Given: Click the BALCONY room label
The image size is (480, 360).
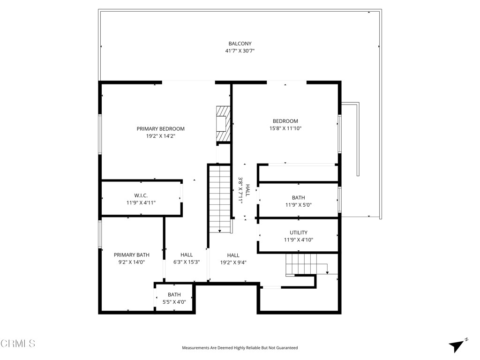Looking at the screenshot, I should point(240,44).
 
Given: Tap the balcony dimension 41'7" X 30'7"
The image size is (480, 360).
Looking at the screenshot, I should point(240,51).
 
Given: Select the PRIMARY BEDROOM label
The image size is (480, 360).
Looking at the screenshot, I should point(160,129).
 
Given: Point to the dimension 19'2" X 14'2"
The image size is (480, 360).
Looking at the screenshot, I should point(160,136).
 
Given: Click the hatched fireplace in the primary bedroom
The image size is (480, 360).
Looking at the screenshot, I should point(223,124).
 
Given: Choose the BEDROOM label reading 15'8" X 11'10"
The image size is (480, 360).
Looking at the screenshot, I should point(285,121).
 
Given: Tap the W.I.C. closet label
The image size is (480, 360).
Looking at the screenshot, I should point(141,195).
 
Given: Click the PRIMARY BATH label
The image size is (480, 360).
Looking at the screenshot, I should point(131,255).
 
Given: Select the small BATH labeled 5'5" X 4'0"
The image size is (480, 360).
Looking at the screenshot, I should point(174,295).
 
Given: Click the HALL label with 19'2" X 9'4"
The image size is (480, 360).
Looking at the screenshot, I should point(233,255).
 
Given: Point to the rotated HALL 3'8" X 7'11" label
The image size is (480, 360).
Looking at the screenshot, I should point(244,190).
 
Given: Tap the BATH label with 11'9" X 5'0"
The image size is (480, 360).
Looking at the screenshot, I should point(298,198).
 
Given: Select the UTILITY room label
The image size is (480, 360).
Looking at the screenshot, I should point(298,232).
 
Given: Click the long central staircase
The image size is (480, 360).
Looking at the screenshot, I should point(219,199).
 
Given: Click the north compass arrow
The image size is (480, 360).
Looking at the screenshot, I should point(457,345).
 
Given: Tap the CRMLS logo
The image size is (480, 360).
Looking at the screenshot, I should point(18,344).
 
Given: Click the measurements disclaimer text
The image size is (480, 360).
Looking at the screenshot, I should point(240,348).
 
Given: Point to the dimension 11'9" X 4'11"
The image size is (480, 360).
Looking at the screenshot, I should point(141,203).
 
